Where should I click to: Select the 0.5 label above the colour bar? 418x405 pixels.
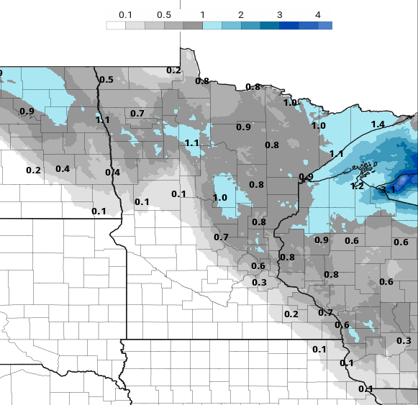tap(163, 15)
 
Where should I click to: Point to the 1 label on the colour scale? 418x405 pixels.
tap(203, 15)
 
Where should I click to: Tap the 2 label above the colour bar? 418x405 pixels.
tap(240, 15)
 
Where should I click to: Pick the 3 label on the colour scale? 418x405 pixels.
tap(279, 15)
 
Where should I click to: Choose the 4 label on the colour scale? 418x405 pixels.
tap(318, 15)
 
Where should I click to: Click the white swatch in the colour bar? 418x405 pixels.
tap(115, 25)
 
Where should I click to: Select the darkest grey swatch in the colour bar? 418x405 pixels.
tap(193, 25)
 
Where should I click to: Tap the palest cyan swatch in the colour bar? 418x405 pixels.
tap(212, 25)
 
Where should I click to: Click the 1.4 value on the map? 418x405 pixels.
tap(378, 124)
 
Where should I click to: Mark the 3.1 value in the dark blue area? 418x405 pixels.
tap(387, 189)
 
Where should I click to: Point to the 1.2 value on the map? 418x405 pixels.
tap(357, 186)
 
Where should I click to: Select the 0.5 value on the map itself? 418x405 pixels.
tap(106, 79)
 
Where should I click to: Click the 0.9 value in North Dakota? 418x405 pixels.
tap(27, 111)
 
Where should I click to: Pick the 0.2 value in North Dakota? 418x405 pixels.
tap(33, 170)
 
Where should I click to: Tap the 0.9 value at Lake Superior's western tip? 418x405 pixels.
tap(306, 177)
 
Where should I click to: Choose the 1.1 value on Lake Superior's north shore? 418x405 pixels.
tap(336, 154)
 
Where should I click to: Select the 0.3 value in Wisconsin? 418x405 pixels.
tap(404, 340)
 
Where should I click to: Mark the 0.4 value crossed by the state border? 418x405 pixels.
tap(112, 172)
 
